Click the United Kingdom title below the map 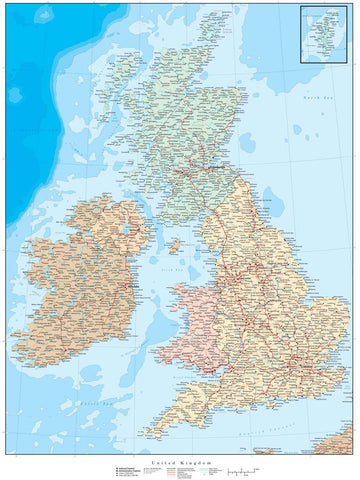pos(180,463)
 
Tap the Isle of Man pos(174,244)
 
